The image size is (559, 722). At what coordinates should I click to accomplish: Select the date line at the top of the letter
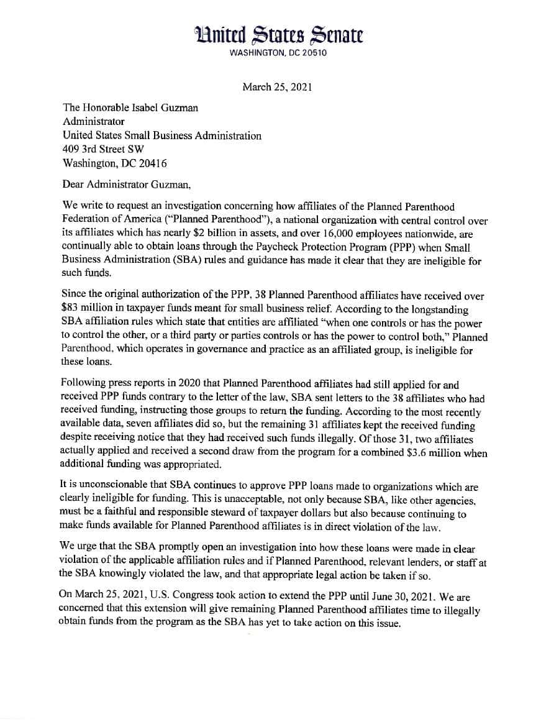click(277, 87)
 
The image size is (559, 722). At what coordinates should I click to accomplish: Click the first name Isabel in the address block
click(147, 107)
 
